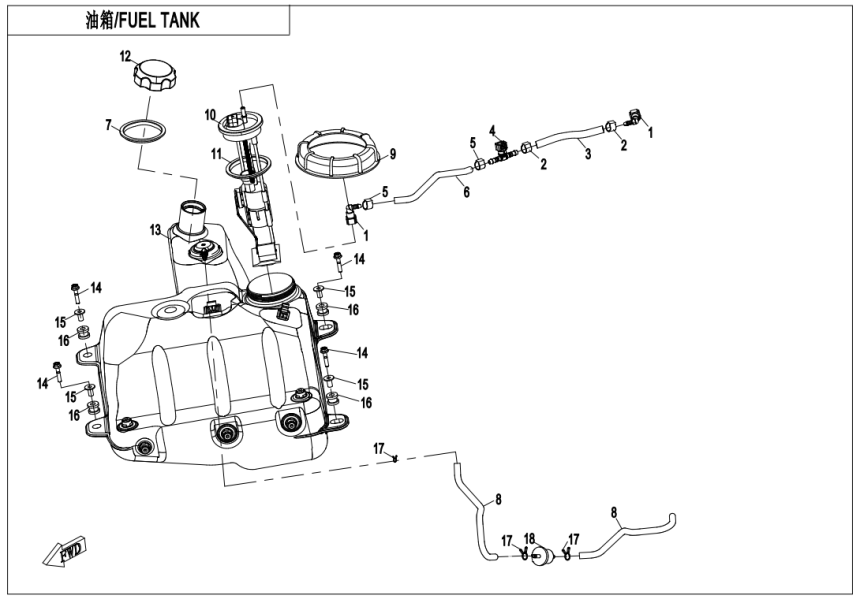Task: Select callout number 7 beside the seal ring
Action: [108, 125]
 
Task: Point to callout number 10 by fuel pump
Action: [211, 114]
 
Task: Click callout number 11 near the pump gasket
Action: [215, 153]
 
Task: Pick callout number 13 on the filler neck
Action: [156, 230]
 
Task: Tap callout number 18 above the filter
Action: [530, 538]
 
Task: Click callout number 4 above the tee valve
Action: [492, 130]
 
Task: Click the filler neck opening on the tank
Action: [193, 212]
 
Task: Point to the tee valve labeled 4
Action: [499, 151]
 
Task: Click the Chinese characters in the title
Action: [103, 21]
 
